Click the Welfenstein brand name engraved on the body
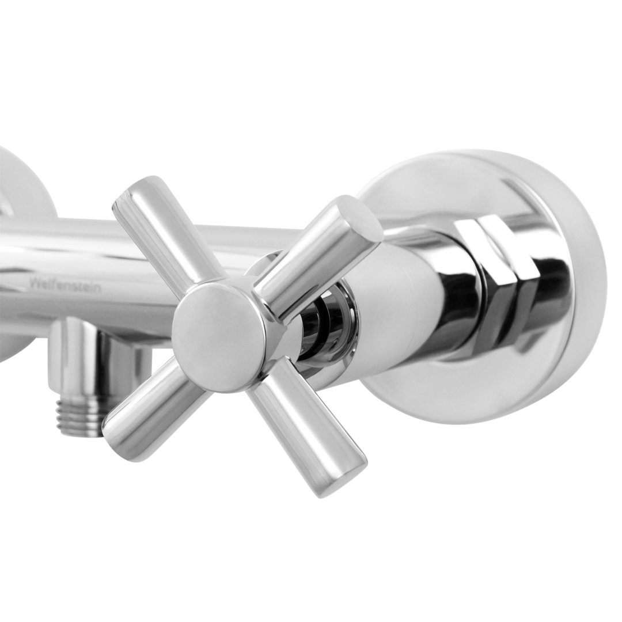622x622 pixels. click(x=65, y=285)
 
